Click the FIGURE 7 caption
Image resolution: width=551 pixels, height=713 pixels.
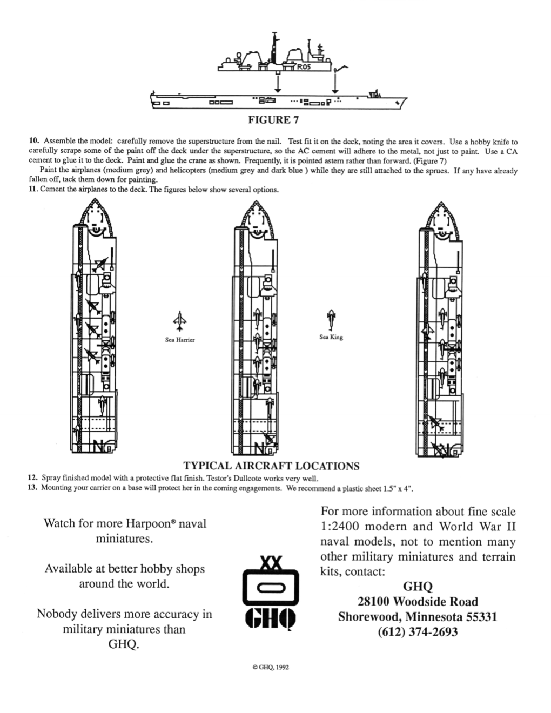[x=273, y=120]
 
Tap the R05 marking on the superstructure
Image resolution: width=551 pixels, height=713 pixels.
[x=304, y=68]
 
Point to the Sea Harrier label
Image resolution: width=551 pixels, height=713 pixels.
[x=180, y=340]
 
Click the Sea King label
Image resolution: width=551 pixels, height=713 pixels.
[x=331, y=337]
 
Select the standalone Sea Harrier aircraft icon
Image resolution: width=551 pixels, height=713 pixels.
[x=179, y=321]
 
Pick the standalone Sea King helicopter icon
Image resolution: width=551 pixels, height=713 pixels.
[x=331, y=320]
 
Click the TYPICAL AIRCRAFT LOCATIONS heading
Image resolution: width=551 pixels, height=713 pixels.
[x=271, y=466]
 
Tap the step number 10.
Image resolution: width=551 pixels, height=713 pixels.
[x=33, y=141]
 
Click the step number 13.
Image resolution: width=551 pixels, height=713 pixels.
[x=33, y=488]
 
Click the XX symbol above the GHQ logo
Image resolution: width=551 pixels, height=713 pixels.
[x=271, y=563]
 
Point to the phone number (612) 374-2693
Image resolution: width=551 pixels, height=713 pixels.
[x=418, y=632]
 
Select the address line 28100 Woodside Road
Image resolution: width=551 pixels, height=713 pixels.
[x=418, y=601]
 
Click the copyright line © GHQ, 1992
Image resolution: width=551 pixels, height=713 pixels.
[x=271, y=667]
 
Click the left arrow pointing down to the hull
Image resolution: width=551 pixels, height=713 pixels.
[x=278, y=83]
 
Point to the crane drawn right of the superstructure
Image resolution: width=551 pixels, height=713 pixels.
[x=340, y=69]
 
